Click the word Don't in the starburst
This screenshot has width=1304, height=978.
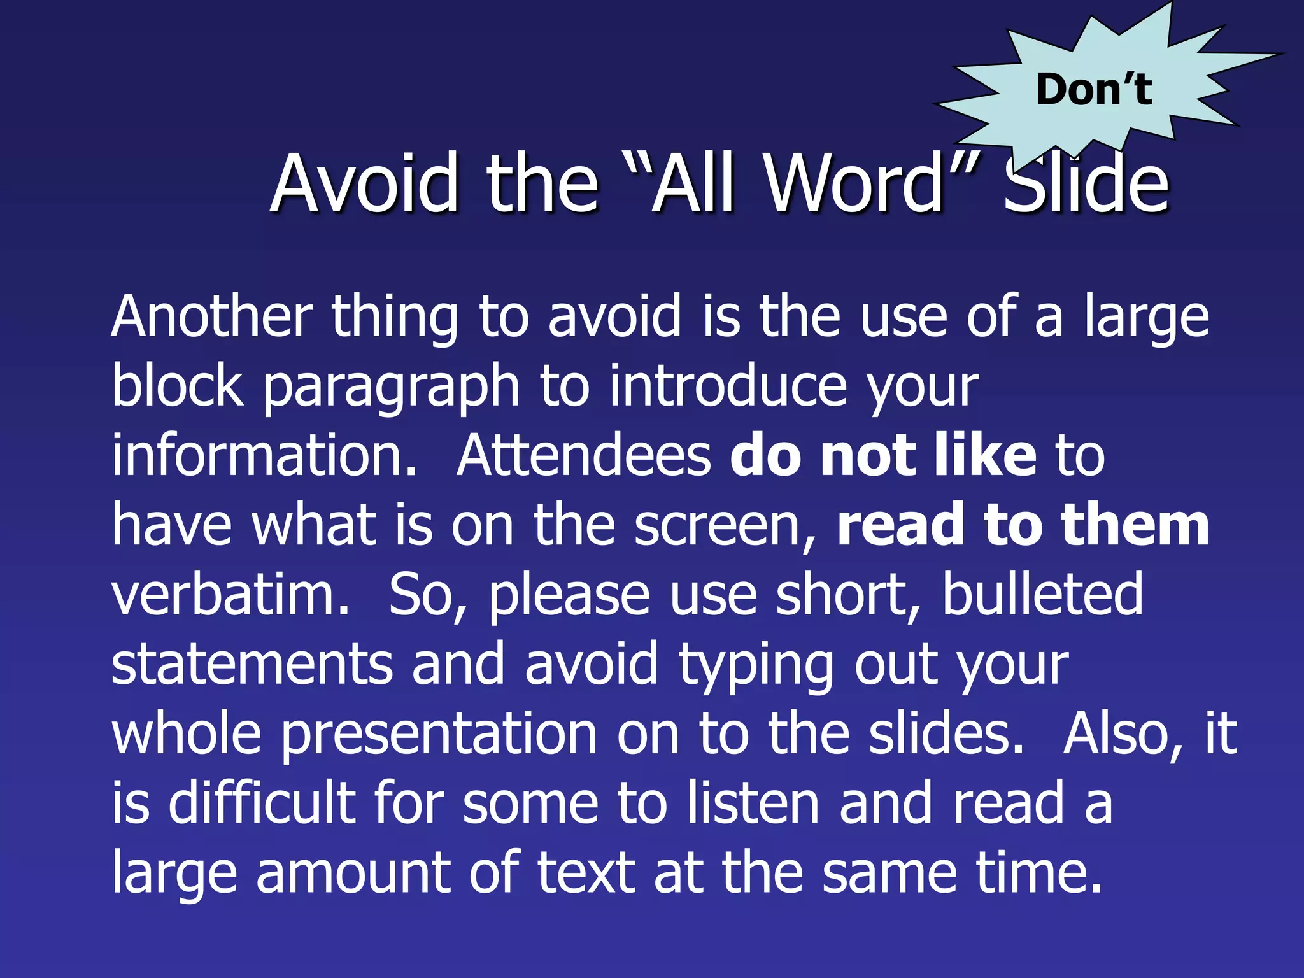[1093, 89]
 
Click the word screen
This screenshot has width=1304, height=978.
[721, 526]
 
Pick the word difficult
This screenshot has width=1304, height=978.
[262, 803]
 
